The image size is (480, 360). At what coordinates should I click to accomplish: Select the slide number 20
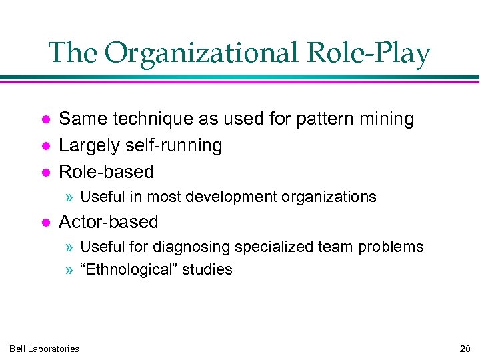coord(465,349)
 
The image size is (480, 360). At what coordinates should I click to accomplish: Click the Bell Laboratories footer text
coord(44,349)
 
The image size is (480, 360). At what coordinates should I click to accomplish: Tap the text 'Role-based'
coord(107,171)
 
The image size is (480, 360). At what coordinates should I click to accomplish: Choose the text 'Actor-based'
coord(109,221)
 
